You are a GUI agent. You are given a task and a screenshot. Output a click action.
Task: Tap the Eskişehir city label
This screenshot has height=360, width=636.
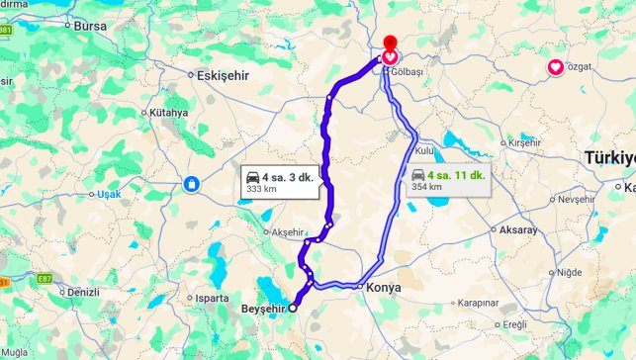[223, 75]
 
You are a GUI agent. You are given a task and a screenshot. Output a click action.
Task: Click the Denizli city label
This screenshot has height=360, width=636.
[80, 293]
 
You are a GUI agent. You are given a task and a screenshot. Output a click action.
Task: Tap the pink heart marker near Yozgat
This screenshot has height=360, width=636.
[556, 68]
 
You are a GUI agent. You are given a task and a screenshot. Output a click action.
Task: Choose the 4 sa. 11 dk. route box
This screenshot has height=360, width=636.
[448, 180]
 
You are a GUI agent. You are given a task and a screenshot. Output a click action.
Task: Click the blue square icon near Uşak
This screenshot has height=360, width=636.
[189, 183]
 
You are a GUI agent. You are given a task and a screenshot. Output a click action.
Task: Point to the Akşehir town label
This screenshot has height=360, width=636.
[287, 232]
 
